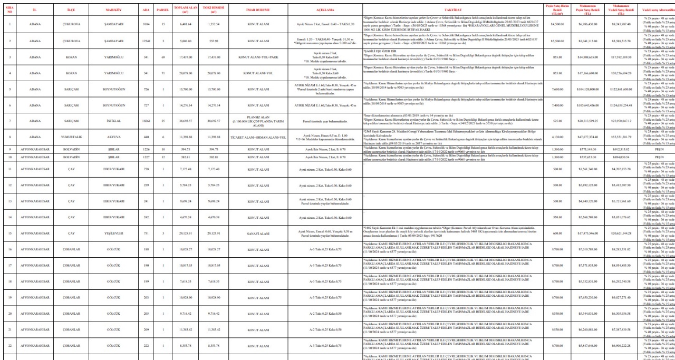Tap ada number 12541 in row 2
click(x=146, y=40)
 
